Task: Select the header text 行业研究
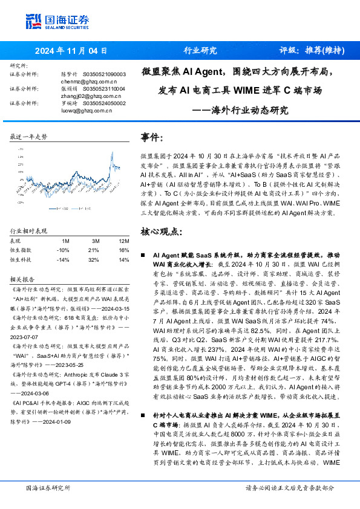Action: point(200,51)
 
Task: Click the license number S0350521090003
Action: point(103,74)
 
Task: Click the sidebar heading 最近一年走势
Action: point(29,137)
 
